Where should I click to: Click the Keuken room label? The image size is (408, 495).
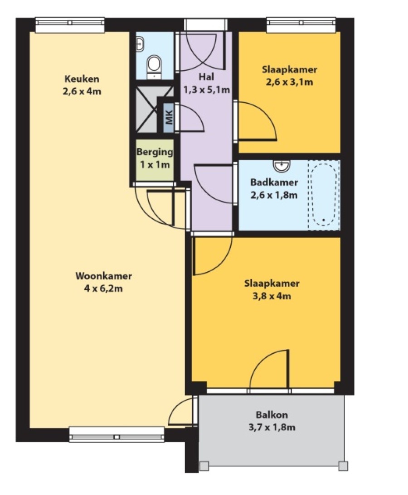82,79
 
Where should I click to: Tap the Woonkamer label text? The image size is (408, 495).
104,276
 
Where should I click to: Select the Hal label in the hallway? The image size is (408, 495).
206,77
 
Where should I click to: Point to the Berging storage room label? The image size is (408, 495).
155,152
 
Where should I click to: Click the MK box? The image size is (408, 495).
169,118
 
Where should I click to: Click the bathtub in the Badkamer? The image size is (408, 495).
324,195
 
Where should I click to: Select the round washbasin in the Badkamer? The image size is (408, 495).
282,166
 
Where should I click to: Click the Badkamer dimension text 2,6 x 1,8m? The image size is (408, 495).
274,195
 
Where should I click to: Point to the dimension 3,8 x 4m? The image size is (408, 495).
272,297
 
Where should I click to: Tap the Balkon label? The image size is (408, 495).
272,414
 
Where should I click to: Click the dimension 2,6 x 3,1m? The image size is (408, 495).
290,82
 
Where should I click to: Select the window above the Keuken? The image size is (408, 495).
70,24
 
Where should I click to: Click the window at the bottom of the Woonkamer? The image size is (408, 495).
117,434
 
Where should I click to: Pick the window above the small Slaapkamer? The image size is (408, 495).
301,24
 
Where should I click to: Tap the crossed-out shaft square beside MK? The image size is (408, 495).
146,110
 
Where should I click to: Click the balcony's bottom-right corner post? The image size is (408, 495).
343,466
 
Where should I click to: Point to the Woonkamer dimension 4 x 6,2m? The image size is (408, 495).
104,288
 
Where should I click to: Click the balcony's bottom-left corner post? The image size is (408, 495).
204,466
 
